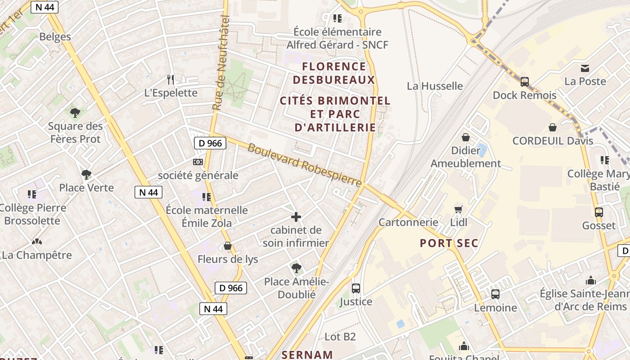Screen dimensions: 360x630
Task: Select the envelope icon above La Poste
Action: tap(585, 68)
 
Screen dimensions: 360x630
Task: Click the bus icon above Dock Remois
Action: tap(524, 82)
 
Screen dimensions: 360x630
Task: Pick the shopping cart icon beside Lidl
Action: tap(459, 209)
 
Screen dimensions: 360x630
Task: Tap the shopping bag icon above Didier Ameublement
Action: tap(466, 137)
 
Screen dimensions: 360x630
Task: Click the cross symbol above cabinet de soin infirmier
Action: tap(296, 217)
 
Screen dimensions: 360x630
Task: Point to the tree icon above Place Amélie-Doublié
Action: tap(296, 268)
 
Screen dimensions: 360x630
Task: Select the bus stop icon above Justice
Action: tap(356, 288)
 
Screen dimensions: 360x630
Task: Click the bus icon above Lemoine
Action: tap(495, 294)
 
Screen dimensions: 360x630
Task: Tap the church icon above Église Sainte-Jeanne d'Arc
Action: tap(591, 281)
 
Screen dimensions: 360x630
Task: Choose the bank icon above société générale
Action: tap(198, 162)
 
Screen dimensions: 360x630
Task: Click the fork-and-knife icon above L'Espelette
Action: tap(171, 80)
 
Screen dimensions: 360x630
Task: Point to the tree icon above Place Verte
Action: tap(86, 174)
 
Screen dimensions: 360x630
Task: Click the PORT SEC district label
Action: tap(449, 243)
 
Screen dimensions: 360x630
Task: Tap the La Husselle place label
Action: tap(435, 86)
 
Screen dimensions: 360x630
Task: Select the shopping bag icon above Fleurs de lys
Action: tap(228, 246)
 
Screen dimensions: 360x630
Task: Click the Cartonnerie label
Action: tap(408, 222)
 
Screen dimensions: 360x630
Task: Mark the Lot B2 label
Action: tap(340, 337)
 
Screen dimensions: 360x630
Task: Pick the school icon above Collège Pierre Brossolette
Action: tap(32, 194)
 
